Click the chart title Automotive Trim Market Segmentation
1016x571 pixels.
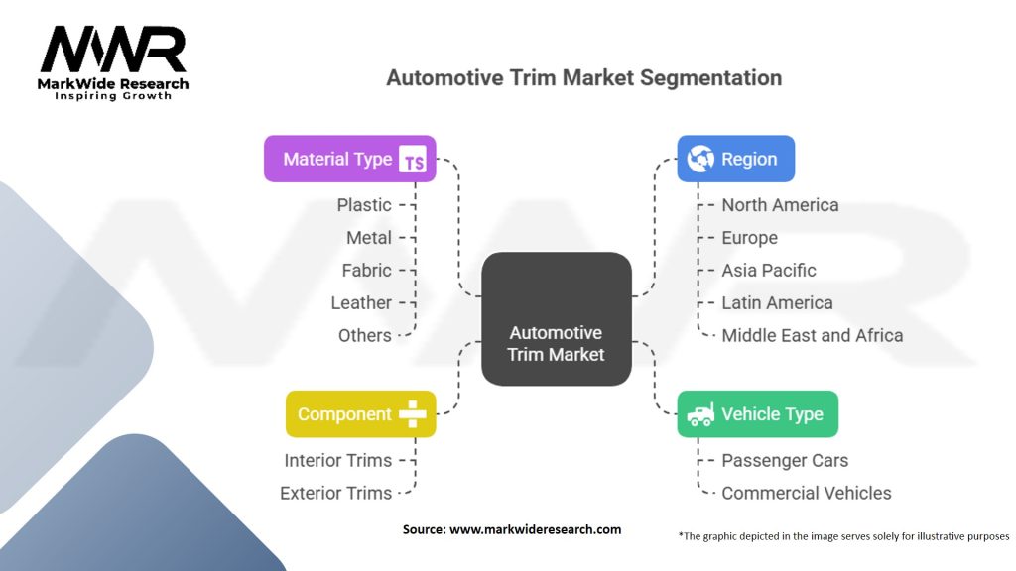point(583,77)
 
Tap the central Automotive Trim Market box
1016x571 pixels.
point(556,319)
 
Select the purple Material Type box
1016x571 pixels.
point(349,159)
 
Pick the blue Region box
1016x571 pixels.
point(735,159)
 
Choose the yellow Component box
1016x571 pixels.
point(360,414)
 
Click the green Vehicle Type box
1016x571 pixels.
point(757,414)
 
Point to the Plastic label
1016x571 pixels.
point(364,205)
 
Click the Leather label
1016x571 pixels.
point(361,303)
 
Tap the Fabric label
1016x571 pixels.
point(367,271)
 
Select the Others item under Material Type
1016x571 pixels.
point(364,336)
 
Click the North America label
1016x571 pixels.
point(780,205)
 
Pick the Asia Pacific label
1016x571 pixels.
point(769,271)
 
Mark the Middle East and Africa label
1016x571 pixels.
point(812,336)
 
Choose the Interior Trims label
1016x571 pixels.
point(337,461)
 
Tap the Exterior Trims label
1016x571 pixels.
point(335,494)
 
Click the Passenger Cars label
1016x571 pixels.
point(785,461)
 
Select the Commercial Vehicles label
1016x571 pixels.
point(806,494)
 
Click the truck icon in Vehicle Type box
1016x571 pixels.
point(700,414)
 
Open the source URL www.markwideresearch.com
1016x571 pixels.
point(535,530)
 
